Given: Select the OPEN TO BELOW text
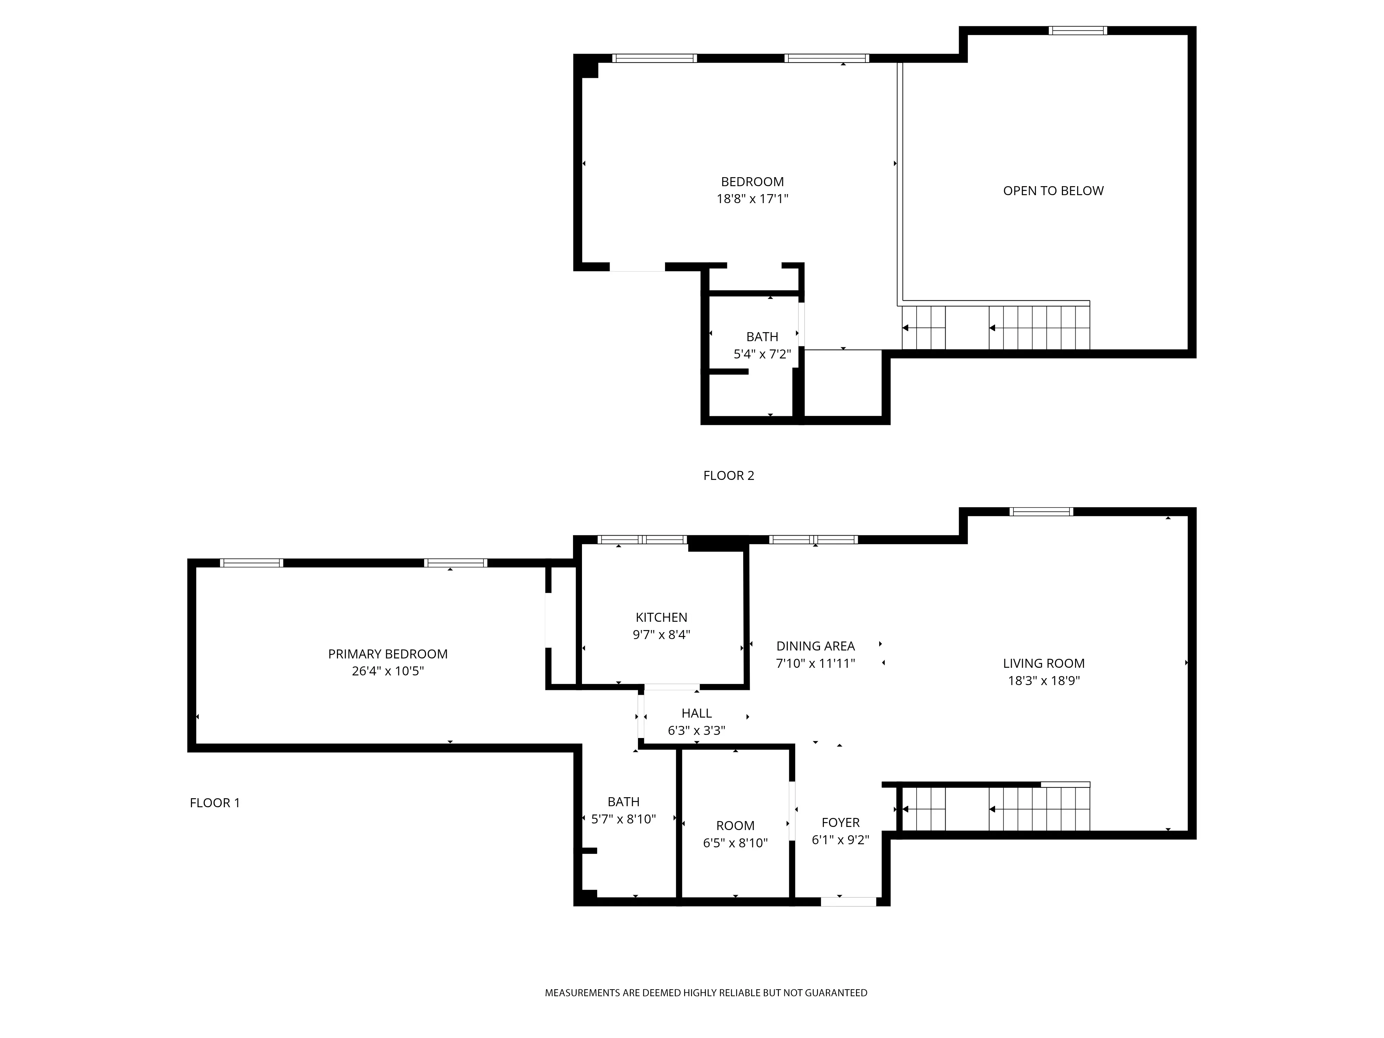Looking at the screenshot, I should click(1053, 191).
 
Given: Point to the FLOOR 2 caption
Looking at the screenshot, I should click(728, 475).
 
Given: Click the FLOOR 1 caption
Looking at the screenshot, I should click(215, 803).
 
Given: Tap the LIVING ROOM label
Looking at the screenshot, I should click(1043, 663).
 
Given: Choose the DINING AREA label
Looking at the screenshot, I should click(815, 646).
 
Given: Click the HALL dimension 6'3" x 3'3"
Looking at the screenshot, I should click(696, 730).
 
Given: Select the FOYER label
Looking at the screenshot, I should click(840, 822).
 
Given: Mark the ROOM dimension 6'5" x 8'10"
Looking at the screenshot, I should click(735, 843).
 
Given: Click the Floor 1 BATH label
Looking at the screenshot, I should click(623, 801).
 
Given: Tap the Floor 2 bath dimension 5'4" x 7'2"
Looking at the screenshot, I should click(762, 354).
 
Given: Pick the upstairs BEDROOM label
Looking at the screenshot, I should click(752, 181).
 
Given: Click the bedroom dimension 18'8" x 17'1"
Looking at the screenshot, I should click(752, 199).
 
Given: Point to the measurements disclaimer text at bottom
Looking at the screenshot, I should click(706, 992).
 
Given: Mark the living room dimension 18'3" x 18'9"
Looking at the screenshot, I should click(1043, 681).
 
